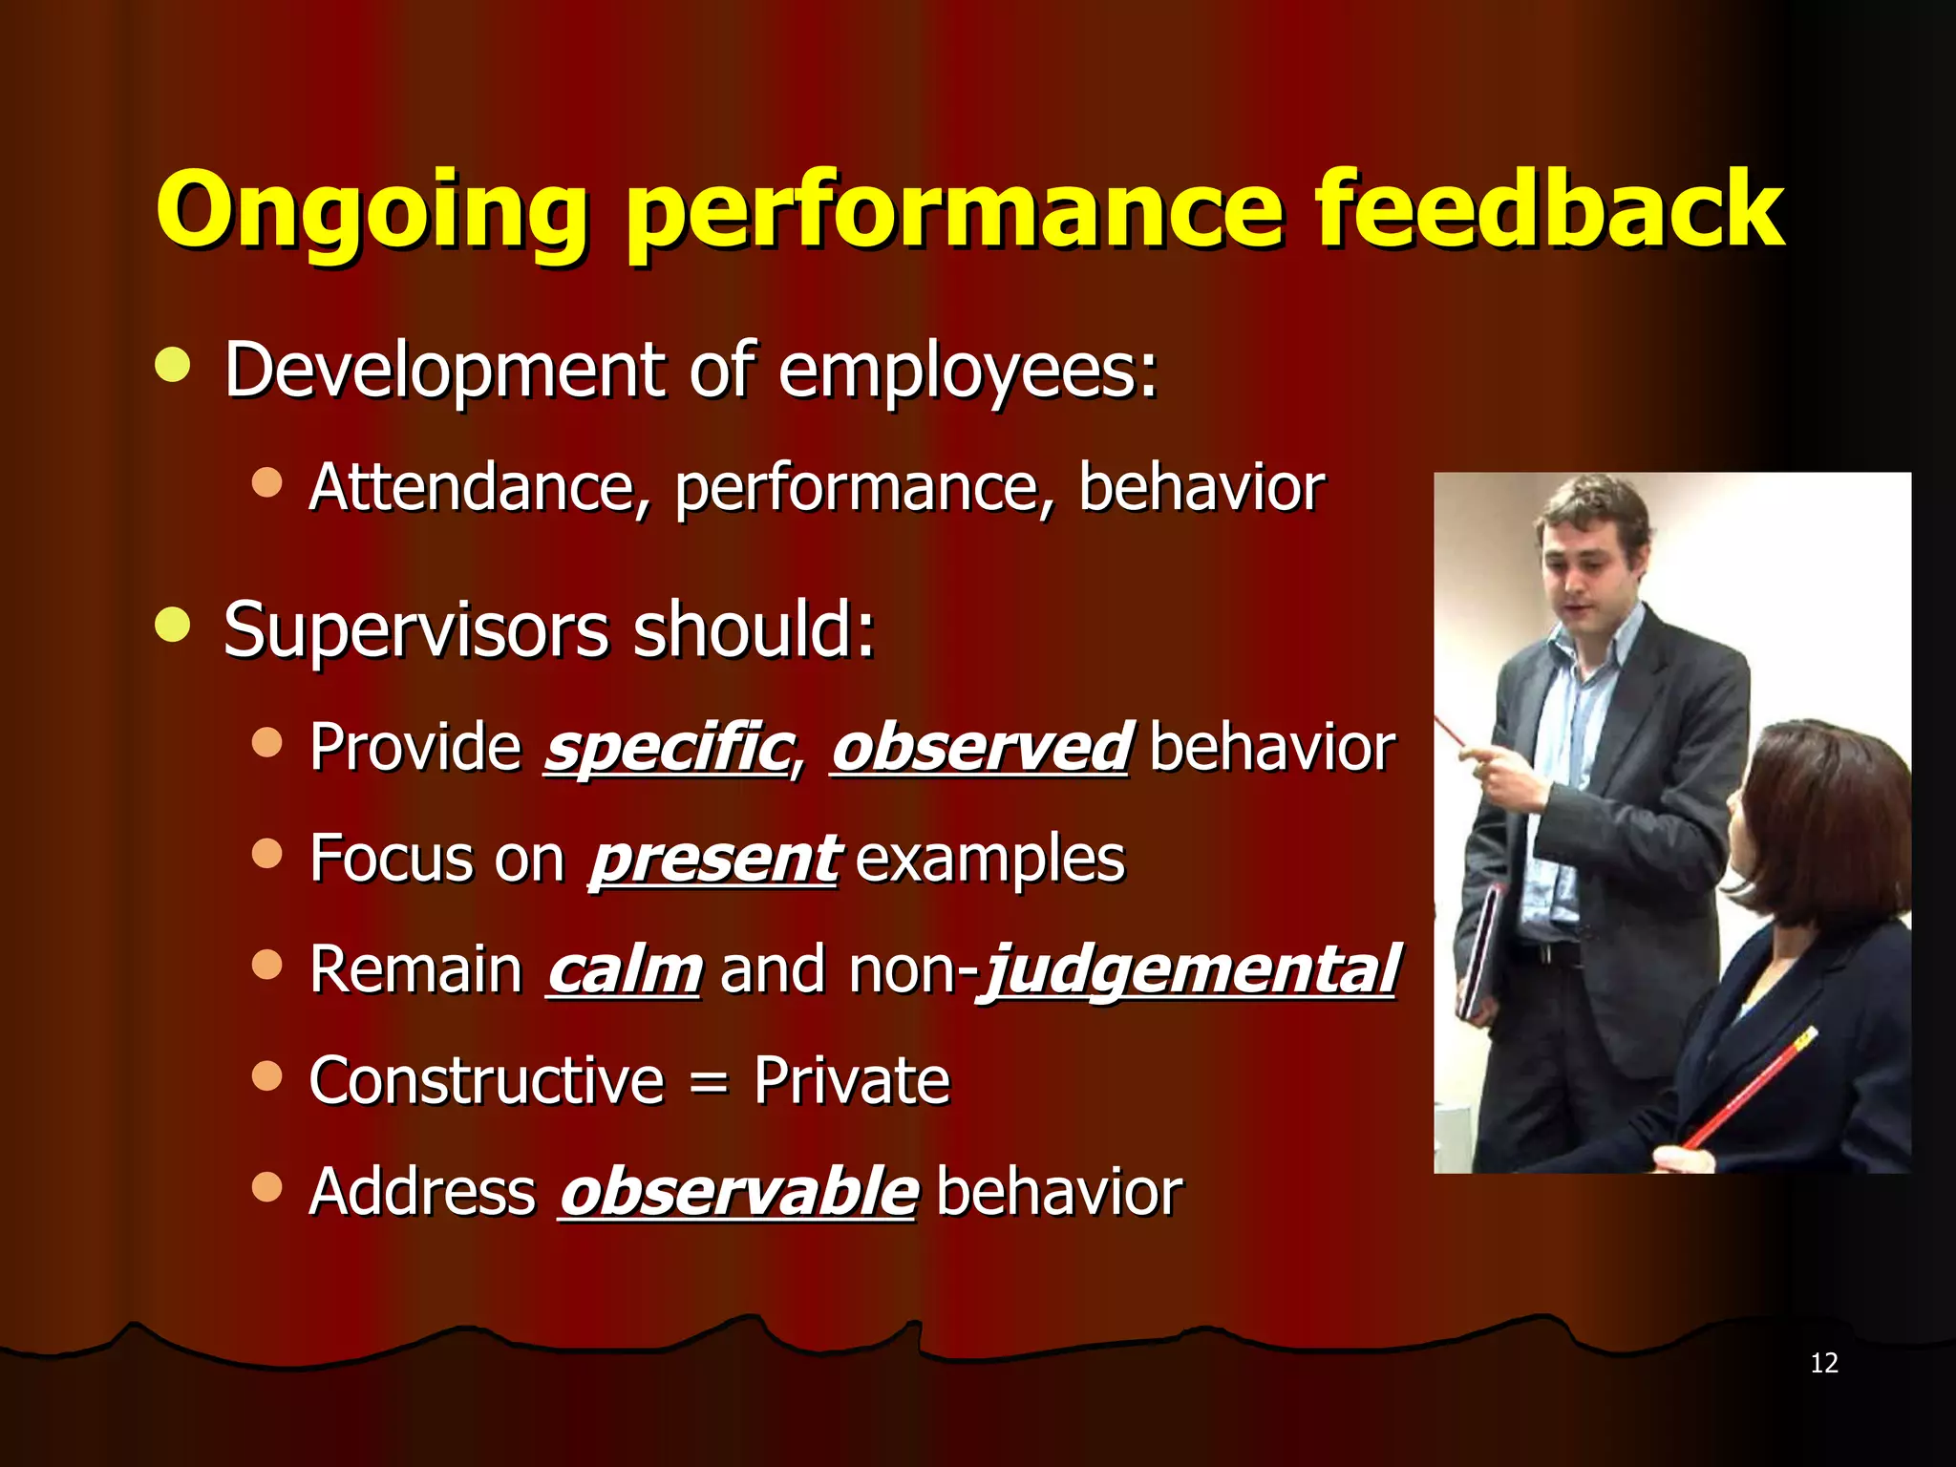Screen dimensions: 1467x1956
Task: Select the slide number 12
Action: pyautogui.click(x=1823, y=1363)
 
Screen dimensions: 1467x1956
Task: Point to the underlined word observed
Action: pyautogui.click(x=982, y=747)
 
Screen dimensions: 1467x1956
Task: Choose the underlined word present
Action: pyautogui.click(x=714, y=859)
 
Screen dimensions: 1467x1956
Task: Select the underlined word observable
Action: pyautogui.click(x=738, y=1192)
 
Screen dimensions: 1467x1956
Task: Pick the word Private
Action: pyautogui.click(x=852, y=1081)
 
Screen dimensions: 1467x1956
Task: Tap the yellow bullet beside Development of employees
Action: pyautogui.click(x=173, y=365)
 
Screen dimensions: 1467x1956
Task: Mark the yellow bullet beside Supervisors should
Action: pyautogui.click(x=173, y=626)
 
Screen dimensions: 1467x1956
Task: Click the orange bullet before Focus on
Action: pyautogui.click(x=267, y=853)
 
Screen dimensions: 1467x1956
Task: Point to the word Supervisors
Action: pyautogui.click(x=416, y=630)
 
